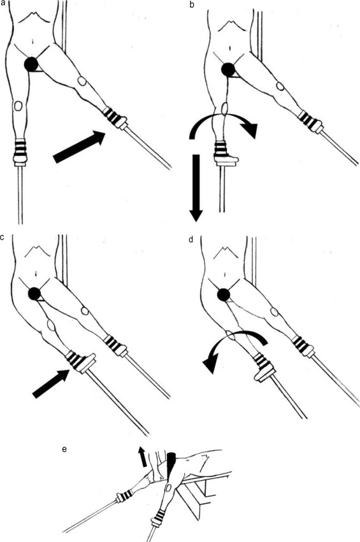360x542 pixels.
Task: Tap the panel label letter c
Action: (3, 238)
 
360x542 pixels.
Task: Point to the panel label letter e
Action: (64, 450)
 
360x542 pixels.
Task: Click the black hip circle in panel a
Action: (31, 64)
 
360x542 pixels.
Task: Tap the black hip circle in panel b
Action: (228, 70)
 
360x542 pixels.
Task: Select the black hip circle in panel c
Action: (34, 294)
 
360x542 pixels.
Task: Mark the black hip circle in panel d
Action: (224, 294)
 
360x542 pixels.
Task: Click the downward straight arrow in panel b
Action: (196, 188)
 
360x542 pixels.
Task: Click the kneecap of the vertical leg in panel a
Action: (18, 106)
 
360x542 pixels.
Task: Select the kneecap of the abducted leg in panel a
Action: (82, 82)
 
